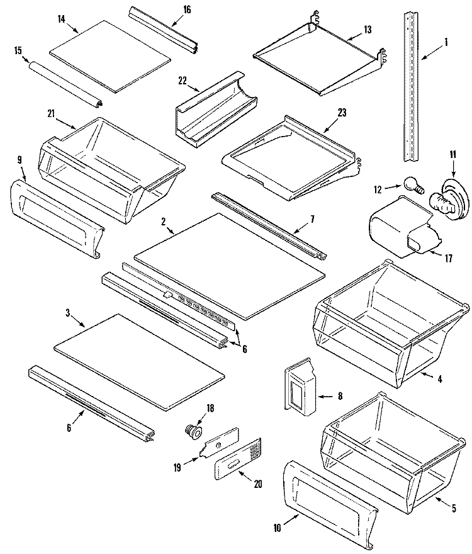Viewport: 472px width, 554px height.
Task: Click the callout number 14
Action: pyautogui.click(x=61, y=20)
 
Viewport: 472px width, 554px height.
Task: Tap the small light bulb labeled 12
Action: pyautogui.click(x=412, y=184)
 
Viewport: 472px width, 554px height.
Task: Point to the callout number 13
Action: pyautogui.click(x=367, y=29)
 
